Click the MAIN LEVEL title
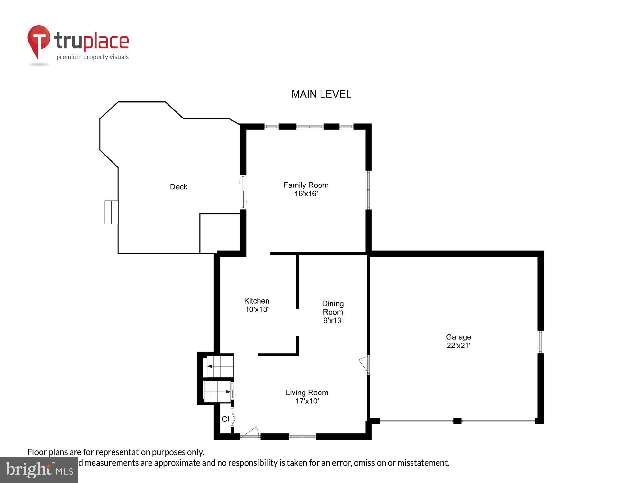point(321,94)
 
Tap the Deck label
point(178,187)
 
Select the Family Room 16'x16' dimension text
point(306,194)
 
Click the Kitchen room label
point(257,301)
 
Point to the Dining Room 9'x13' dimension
point(333,320)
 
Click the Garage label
point(458,337)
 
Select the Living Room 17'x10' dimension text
point(307,401)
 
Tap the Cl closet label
point(225,419)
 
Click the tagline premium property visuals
point(93,57)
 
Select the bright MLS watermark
point(39,470)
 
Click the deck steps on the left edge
point(111,212)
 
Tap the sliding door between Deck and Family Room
point(243,192)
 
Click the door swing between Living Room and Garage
point(364,365)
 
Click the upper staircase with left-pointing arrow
point(220,366)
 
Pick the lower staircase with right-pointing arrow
point(217,392)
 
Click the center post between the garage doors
point(457,421)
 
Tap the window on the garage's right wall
point(540,342)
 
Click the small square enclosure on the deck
point(220,233)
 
